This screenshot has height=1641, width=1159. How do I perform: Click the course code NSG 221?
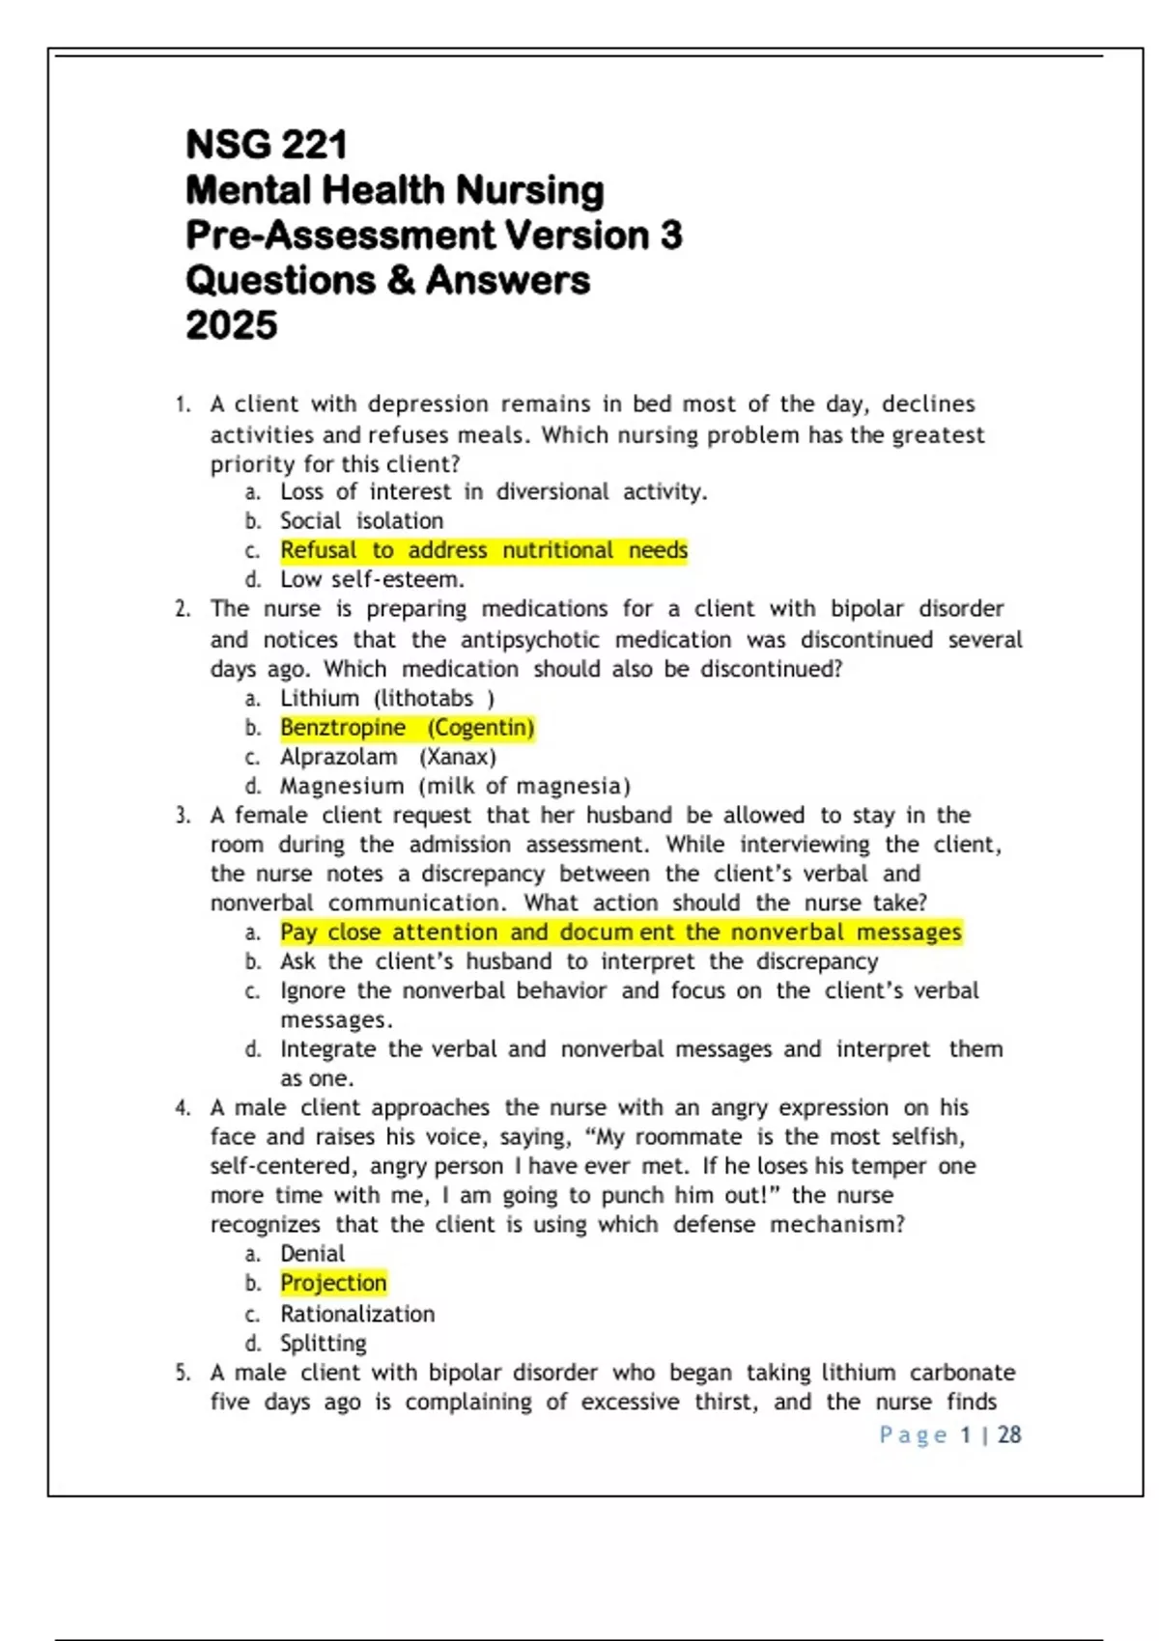point(266,145)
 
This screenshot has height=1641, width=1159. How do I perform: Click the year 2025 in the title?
point(232,325)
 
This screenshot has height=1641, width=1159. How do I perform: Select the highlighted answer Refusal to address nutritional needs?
point(484,550)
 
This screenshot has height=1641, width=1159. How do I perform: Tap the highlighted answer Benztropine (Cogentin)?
point(407,728)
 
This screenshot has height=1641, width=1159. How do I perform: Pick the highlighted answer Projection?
point(333,1283)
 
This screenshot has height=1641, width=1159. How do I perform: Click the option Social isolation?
point(361,521)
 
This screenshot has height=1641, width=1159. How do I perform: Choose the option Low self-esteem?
point(372,579)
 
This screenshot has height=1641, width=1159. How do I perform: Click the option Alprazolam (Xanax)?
point(387,757)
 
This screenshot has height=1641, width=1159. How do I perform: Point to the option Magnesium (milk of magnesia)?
point(455,786)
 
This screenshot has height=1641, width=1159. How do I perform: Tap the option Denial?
point(312,1254)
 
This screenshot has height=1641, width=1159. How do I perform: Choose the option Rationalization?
point(357,1314)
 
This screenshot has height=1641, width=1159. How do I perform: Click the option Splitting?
point(324,1343)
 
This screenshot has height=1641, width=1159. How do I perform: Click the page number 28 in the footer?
point(1009,1435)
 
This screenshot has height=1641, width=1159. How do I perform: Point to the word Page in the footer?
point(913,1435)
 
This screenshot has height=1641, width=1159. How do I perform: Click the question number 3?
point(183,816)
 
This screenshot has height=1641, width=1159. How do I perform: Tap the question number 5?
point(183,1373)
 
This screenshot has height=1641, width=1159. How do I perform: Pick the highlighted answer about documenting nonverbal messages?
point(621,932)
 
